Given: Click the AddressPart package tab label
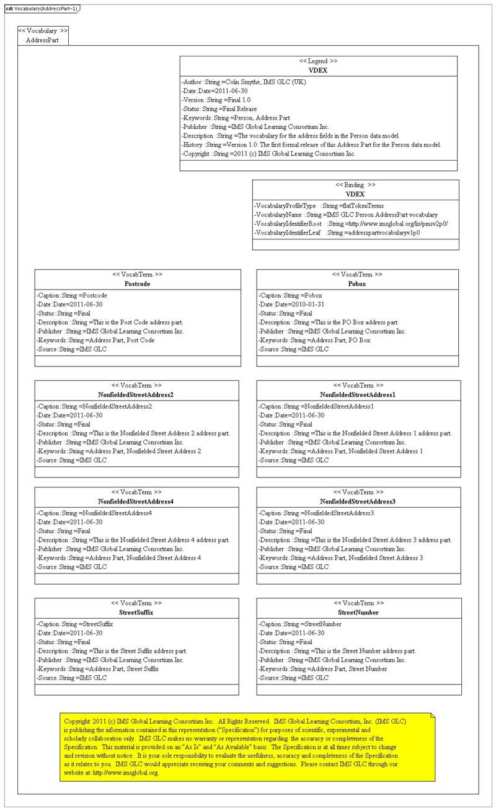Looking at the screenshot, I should tap(42, 40).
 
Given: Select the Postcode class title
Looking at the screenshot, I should tap(137, 284).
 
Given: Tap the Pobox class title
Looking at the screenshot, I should tap(357, 284).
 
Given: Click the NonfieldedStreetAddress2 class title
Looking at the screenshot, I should tap(136, 395).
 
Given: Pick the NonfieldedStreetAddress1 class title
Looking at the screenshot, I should tap(358, 395).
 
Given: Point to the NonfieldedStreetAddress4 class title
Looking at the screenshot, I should tap(136, 502).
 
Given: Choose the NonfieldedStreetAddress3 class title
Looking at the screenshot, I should tap(358, 502).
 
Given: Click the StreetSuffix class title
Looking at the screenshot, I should tap(136, 613).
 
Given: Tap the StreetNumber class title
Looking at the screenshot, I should tap(358, 613).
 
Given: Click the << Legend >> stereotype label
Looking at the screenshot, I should tap(318, 61).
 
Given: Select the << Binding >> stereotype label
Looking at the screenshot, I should tap(355, 185).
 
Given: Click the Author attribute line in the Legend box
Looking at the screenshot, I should tap(244, 82).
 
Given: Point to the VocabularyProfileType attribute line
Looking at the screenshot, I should tap(319, 206).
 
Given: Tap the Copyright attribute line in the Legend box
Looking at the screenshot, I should tap(268, 154).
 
